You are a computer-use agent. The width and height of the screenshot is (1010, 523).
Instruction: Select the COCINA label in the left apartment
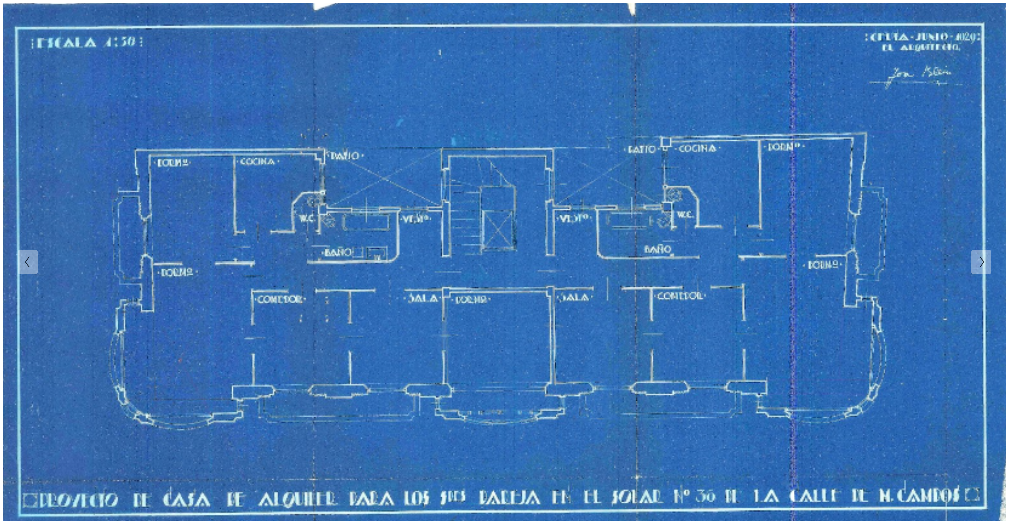click(x=257, y=162)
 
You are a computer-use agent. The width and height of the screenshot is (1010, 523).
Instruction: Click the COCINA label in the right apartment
click(x=697, y=148)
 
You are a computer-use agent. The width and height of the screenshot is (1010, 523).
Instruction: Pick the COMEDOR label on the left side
click(x=279, y=299)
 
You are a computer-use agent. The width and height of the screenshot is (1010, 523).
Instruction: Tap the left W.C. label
click(x=306, y=218)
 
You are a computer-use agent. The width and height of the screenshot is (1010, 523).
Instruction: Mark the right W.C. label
click(x=685, y=214)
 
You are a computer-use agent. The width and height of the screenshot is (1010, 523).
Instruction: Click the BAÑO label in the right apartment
click(x=657, y=249)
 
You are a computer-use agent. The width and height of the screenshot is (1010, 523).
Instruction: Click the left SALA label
click(x=422, y=298)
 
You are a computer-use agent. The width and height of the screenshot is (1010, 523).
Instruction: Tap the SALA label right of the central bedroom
click(x=574, y=297)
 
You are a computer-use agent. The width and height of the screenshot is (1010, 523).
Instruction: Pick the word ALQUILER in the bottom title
click(x=297, y=498)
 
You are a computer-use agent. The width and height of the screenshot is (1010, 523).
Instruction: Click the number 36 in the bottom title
click(x=705, y=496)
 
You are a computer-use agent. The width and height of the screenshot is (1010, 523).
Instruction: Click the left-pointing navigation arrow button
click(x=28, y=261)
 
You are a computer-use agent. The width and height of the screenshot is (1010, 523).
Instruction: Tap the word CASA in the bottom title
click(x=186, y=499)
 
